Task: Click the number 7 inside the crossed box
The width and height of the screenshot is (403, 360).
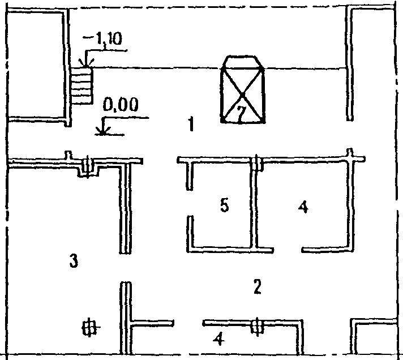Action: tap(241, 114)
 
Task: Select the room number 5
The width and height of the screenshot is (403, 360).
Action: tap(224, 206)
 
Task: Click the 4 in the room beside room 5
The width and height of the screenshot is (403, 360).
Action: tap(303, 208)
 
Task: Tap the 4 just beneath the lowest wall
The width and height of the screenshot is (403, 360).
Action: tap(218, 340)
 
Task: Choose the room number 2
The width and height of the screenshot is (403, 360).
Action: tap(257, 288)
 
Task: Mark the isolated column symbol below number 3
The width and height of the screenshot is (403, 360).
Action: tap(89, 327)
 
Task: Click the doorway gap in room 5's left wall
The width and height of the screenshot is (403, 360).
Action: tap(188, 203)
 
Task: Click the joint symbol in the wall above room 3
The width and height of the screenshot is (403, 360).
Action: tap(87, 165)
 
